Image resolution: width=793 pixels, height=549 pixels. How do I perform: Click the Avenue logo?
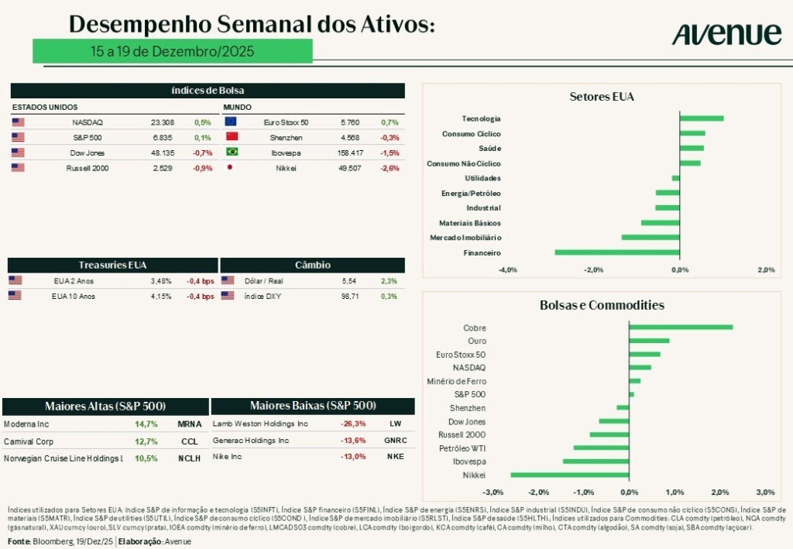(726, 33)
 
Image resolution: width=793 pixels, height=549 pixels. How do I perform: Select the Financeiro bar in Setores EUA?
(617, 252)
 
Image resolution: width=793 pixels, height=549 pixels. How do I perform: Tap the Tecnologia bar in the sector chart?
(702, 118)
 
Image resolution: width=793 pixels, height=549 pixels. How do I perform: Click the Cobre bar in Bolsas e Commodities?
(681, 328)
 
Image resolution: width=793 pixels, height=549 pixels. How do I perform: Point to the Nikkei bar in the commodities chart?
(569, 475)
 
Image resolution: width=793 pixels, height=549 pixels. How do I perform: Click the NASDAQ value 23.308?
(162, 122)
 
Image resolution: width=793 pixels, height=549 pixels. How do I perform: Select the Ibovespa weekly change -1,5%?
(390, 153)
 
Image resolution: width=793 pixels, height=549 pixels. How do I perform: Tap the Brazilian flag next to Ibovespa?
(231, 153)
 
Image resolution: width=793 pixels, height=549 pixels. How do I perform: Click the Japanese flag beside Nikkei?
(231, 167)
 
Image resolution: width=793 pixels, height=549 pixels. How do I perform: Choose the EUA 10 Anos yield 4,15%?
(161, 296)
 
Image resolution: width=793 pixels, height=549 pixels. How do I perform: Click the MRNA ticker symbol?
(190, 424)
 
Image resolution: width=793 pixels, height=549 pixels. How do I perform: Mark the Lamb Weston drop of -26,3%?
(353, 424)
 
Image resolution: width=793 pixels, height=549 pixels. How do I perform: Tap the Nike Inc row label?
(227, 457)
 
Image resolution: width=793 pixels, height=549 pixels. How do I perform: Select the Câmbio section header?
(313, 265)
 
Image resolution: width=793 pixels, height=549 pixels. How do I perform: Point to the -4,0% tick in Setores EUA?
(507, 270)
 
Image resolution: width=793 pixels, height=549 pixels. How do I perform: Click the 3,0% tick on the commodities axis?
(765, 492)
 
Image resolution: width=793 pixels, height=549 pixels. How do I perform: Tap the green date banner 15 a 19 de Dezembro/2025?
(172, 51)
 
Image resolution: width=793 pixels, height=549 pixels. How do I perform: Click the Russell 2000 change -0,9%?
(202, 167)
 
